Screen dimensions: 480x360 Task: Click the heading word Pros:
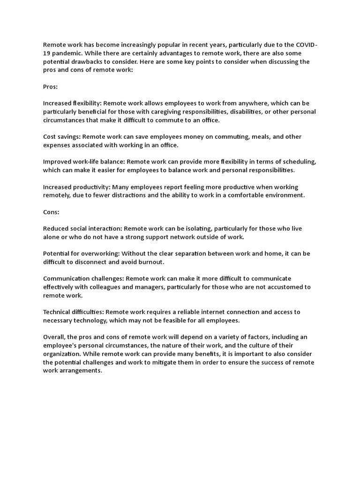(x=50, y=86)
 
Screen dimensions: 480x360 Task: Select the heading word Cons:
(x=51, y=212)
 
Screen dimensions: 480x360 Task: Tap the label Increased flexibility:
(x=72, y=103)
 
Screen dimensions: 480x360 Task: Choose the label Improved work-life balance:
(x=83, y=162)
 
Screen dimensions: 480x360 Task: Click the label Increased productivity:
(x=76, y=187)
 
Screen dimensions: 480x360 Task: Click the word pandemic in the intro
(x=67, y=53)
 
